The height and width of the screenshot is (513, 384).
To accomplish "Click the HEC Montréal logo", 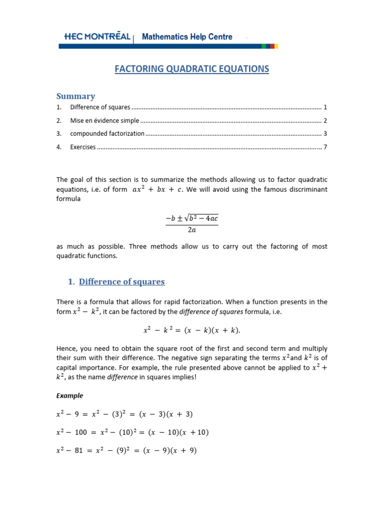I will click(x=97, y=37).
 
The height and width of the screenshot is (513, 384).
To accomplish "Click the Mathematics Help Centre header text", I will click(x=187, y=37).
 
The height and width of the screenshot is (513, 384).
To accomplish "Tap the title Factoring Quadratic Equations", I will click(x=192, y=69).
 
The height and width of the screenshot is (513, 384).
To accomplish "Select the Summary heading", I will click(x=75, y=96).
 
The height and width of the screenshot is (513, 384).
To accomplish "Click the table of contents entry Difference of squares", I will click(x=100, y=107).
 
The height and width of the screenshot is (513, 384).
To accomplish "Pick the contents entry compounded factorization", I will click(x=107, y=134).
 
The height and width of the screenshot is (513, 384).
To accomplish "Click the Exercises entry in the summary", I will click(x=82, y=147).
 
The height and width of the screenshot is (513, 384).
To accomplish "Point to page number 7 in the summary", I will click(x=325, y=147).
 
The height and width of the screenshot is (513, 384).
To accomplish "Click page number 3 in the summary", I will click(x=325, y=134).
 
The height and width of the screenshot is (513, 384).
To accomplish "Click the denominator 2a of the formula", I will click(x=192, y=230).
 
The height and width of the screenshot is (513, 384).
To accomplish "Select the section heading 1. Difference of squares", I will click(x=116, y=282).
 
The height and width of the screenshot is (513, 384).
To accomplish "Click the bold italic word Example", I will click(x=69, y=396).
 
